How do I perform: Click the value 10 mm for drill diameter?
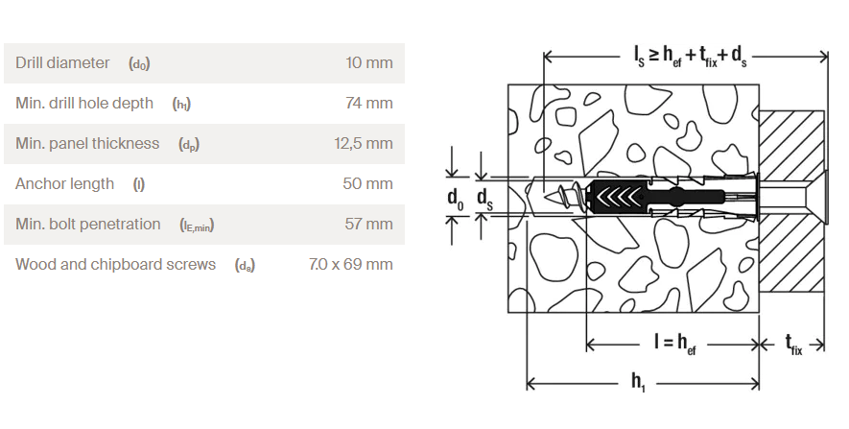click(369, 62)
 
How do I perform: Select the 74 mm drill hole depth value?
click(369, 103)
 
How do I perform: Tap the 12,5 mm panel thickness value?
click(364, 144)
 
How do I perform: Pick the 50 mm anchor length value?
click(367, 183)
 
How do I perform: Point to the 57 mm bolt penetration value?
click(368, 224)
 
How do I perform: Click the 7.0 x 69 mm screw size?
click(351, 264)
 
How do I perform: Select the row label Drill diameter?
click(62, 62)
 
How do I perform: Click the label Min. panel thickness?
click(87, 144)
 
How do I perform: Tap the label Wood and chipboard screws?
click(115, 264)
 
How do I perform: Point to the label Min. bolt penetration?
click(87, 224)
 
